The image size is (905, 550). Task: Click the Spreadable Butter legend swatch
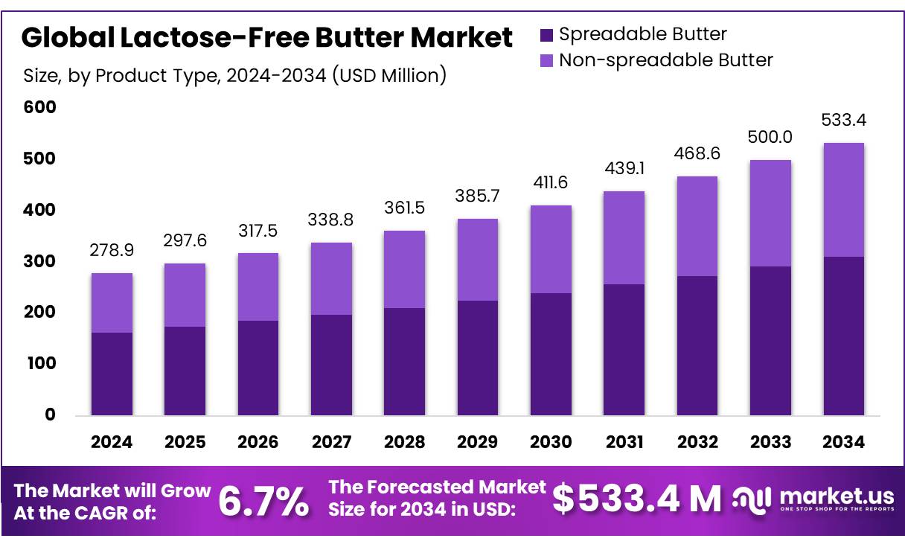546,34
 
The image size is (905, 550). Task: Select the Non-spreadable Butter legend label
666,60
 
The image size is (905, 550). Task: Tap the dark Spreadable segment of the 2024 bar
112,374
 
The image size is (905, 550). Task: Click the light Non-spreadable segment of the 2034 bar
844,199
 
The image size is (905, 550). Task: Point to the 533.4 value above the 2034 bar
844,120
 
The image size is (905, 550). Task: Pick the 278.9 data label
112,251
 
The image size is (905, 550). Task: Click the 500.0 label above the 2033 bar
770,137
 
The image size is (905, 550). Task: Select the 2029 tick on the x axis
477,442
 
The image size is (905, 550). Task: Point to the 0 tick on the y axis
50,415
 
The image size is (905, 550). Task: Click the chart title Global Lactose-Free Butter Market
267,37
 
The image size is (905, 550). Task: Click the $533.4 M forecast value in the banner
637,499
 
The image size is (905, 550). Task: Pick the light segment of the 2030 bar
551,249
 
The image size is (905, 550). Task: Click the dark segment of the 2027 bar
331,365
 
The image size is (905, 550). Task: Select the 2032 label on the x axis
697,442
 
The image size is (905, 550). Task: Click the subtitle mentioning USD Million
235,75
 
